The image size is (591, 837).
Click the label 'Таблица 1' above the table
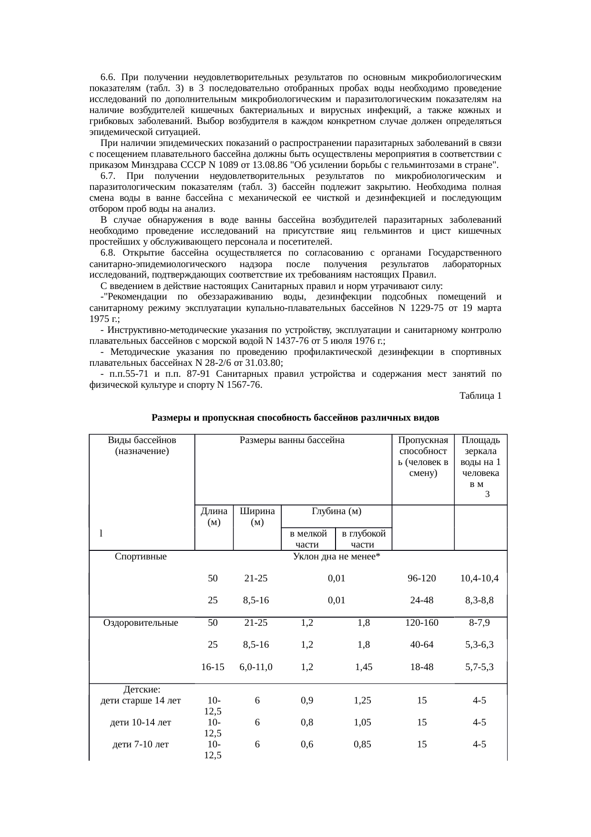point(480,396)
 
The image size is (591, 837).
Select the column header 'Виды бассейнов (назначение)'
point(142,445)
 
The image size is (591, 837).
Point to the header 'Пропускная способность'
point(423,456)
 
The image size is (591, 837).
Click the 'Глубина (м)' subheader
point(336,511)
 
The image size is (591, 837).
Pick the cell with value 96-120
point(422,579)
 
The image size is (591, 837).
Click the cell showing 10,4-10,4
point(479,579)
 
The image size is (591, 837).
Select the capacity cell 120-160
point(422,623)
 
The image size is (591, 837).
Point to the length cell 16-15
point(213,667)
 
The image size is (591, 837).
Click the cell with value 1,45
point(364,667)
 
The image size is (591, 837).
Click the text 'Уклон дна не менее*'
point(336,557)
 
